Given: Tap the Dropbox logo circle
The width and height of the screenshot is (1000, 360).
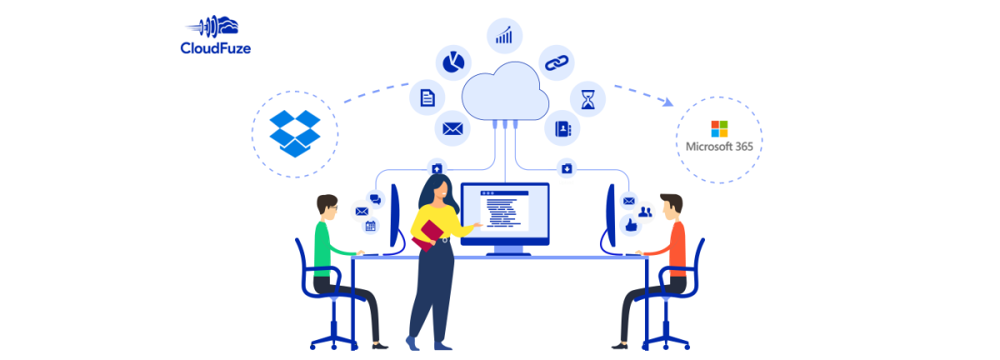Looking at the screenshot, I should (294, 132).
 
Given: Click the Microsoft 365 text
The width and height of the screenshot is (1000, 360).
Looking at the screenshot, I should (718, 147).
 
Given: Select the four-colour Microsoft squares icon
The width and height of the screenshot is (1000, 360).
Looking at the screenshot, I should (718, 128).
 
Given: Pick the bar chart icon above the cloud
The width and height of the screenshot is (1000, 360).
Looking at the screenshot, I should (504, 36).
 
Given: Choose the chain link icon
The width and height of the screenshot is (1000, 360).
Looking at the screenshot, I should (556, 62).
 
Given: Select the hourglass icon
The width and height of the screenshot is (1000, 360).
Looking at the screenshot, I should (588, 99).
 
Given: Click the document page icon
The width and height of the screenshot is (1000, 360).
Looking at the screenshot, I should (427, 97).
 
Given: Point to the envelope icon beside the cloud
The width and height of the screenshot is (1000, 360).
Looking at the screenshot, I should (452, 128).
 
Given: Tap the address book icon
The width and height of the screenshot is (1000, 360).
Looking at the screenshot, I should (562, 128).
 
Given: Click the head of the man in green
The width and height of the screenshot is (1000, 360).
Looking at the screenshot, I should (327, 207).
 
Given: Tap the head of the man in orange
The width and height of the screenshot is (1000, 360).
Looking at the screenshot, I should (671, 206).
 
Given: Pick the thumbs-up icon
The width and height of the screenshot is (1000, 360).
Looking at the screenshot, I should (629, 224).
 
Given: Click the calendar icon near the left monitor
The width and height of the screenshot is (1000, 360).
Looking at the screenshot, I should (370, 226).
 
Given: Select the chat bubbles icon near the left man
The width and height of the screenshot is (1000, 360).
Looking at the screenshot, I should (375, 198).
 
